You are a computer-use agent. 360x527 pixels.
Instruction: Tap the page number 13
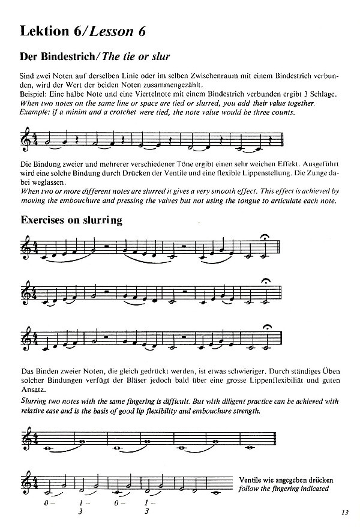pos(343,512)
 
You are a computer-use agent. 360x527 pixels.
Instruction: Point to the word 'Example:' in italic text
pos(34,112)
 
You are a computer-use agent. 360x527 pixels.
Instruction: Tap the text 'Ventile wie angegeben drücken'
pos(286,480)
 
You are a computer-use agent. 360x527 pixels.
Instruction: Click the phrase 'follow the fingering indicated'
pos(283,489)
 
